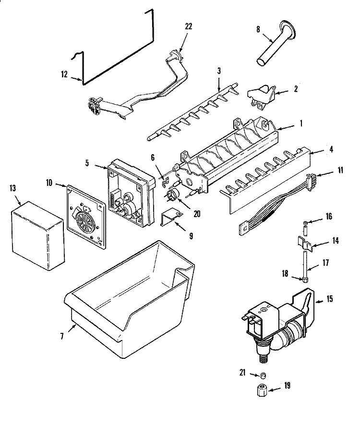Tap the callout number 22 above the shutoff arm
tap(188, 26)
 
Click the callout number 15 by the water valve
tap(329, 299)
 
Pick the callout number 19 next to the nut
tap(287, 386)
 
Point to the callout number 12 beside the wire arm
tap(65, 74)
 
